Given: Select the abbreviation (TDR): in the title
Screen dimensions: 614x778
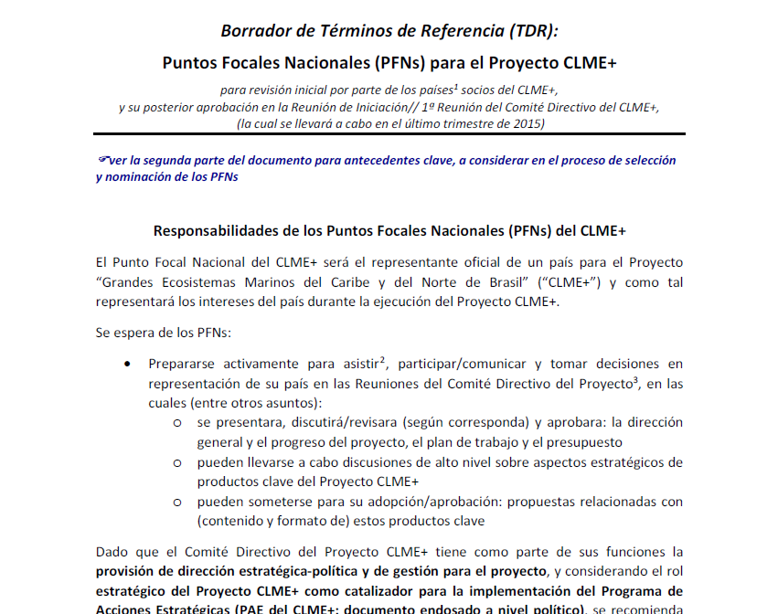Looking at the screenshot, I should tap(527, 30).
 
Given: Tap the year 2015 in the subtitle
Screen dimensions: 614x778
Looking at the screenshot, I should tap(529, 123).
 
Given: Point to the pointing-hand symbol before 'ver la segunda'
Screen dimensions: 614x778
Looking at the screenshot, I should tap(101, 160).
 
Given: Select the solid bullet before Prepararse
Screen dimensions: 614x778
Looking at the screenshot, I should tap(126, 364).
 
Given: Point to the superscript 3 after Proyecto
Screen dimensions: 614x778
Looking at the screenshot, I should tap(634, 381).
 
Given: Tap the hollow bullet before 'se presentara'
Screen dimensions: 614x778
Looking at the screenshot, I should tap(177, 423).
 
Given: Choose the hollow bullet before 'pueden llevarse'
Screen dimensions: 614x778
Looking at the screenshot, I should tap(177, 463).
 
